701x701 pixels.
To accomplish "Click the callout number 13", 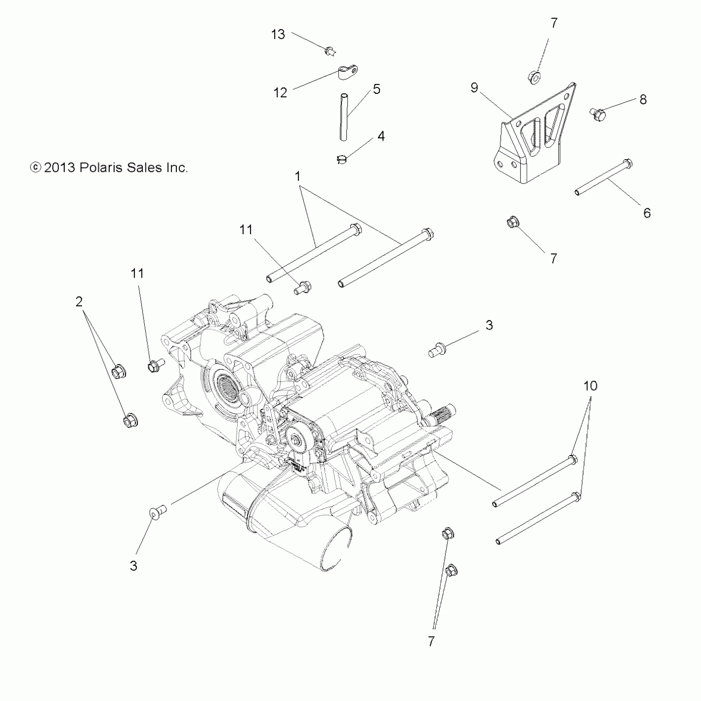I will pos(278,34).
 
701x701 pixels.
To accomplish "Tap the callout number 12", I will pos(280,93).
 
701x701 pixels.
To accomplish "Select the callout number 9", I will pos(474,87).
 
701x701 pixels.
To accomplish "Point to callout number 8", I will pos(643,99).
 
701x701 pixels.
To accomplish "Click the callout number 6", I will pos(647,213).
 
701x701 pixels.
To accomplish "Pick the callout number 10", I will pos(590,386).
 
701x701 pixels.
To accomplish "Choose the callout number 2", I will pos(79,302).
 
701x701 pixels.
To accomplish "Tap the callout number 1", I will pos(298,176).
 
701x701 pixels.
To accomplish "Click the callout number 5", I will pos(376,89).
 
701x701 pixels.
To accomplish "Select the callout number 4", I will pos(381,136).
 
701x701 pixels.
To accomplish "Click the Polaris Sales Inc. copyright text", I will pos(109,167).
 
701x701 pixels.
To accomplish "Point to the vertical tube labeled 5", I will pos(343,118).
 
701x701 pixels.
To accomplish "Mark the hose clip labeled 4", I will pos(341,159).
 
